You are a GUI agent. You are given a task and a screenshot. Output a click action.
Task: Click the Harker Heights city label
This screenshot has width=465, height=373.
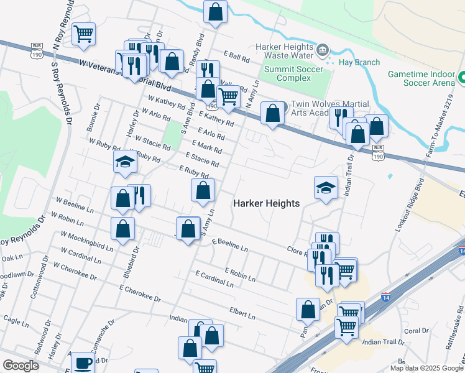[x=266, y=203]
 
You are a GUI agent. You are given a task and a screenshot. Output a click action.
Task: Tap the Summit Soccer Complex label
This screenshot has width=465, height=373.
[x=287, y=73]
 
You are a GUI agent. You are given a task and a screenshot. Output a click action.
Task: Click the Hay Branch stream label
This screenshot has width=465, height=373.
[x=359, y=62]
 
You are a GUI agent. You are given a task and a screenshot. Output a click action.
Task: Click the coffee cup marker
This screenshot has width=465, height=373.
[x=82, y=362]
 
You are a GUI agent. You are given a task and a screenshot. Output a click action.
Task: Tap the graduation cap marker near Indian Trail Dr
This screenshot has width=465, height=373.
[x=326, y=187]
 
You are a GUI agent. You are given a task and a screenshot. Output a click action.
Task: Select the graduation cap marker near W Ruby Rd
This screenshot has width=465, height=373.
[x=125, y=162]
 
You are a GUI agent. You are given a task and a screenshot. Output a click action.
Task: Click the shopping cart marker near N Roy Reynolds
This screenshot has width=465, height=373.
[x=83, y=33]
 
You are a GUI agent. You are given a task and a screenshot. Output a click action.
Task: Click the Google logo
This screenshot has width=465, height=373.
[x=21, y=366]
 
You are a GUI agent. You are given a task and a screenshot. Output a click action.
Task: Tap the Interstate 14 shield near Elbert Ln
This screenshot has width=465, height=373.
[x=385, y=298]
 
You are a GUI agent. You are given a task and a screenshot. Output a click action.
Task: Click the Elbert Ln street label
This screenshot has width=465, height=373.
[x=242, y=312]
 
